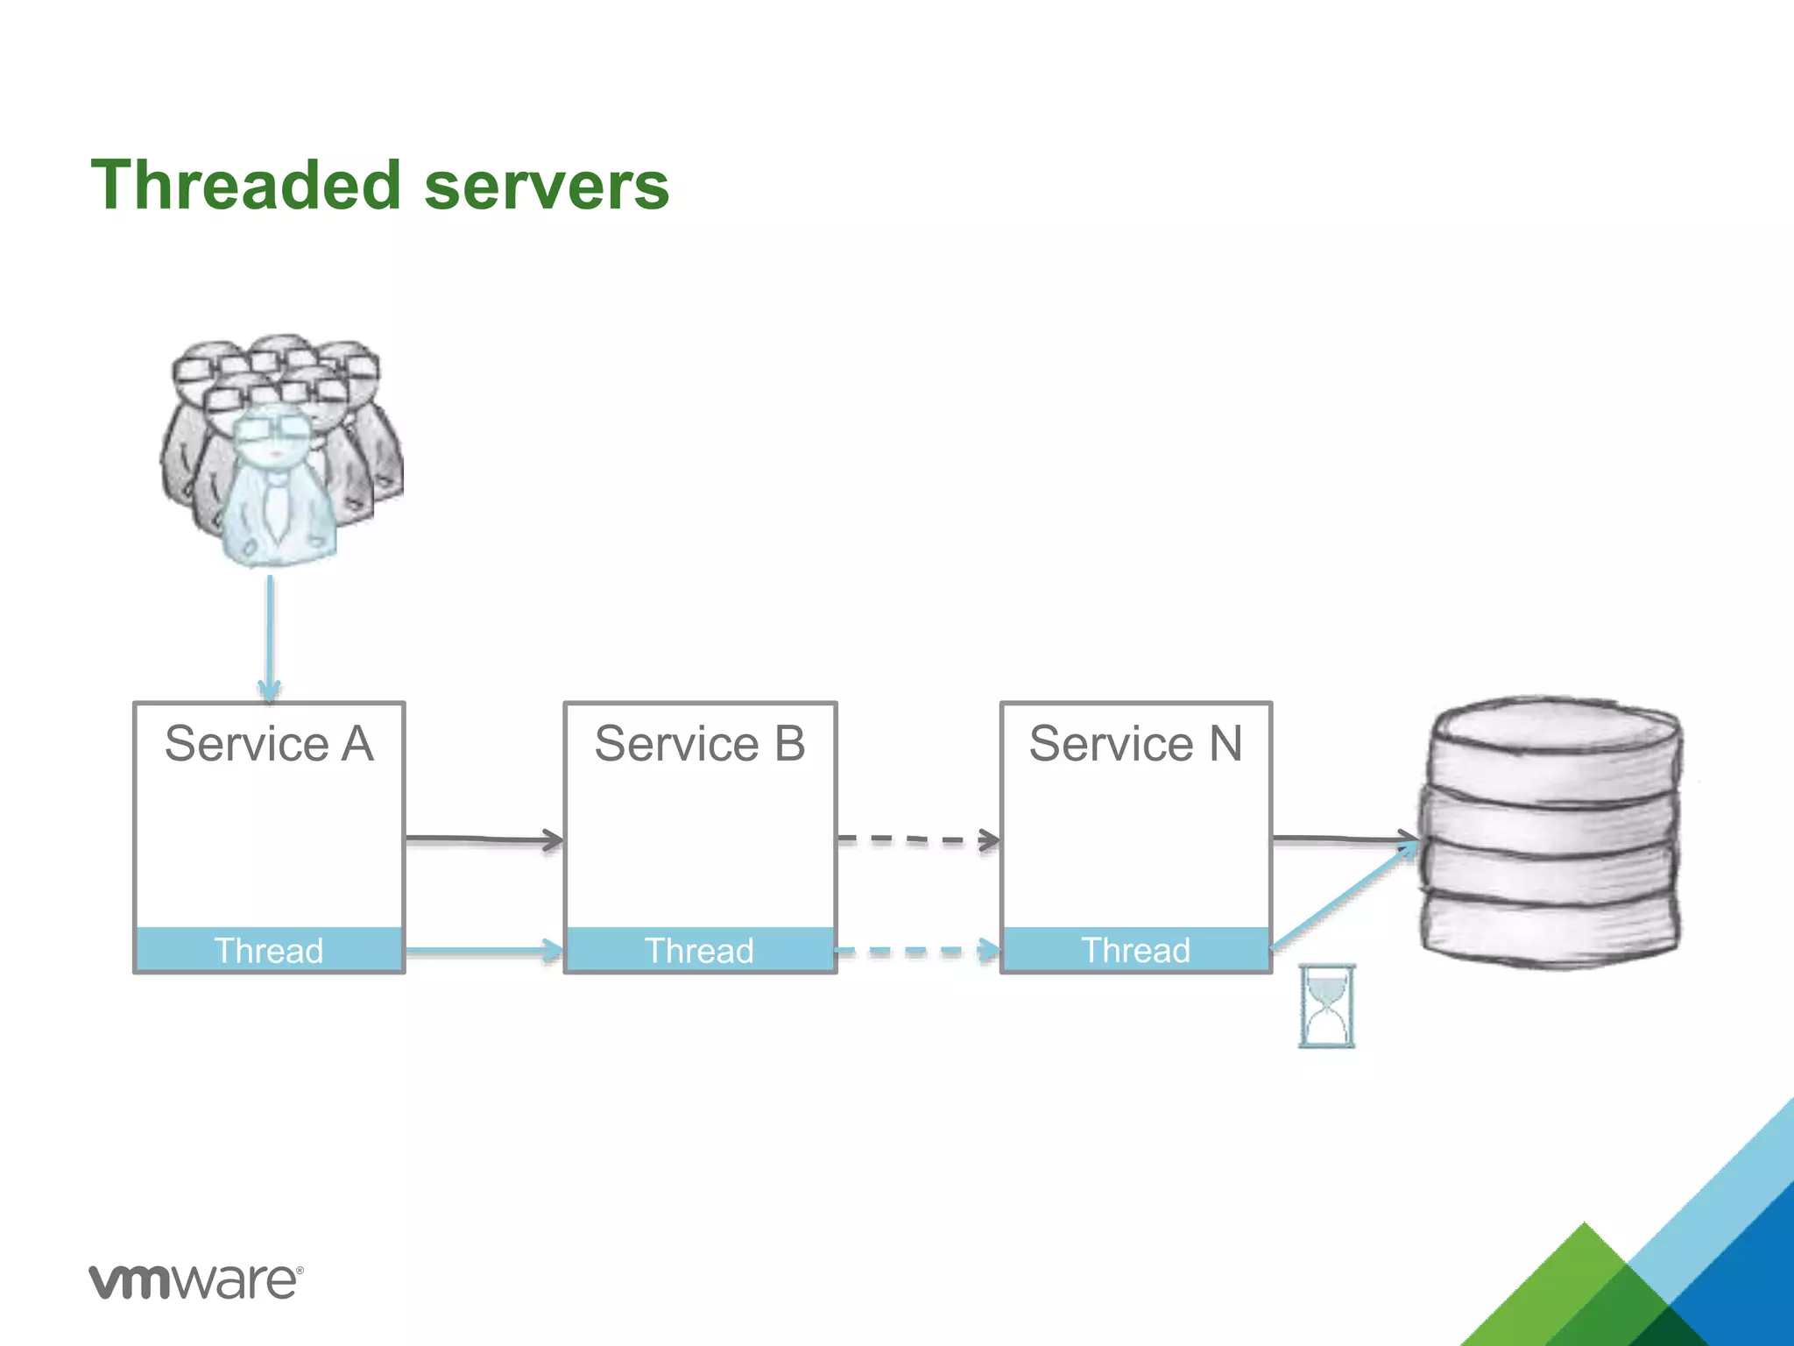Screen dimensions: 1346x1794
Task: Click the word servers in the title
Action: pyautogui.click(x=547, y=187)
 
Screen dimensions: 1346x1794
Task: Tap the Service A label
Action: pyautogui.click(x=269, y=744)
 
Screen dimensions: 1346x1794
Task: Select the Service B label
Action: pyautogui.click(x=699, y=744)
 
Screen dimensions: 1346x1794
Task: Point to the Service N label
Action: pyautogui.click(x=1135, y=744)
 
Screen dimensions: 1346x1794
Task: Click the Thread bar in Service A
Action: pyautogui.click(x=269, y=950)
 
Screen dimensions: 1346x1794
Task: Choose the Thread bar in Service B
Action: pyautogui.click(x=699, y=950)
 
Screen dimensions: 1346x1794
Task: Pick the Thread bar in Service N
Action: pyautogui.click(x=1135, y=950)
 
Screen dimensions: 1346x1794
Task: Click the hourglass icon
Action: pyautogui.click(x=1326, y=1006)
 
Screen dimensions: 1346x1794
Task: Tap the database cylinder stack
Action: pyautogui.click(x=1549, y=832)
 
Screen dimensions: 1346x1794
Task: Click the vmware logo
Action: pyautogui.click(x=195, y=1281)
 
